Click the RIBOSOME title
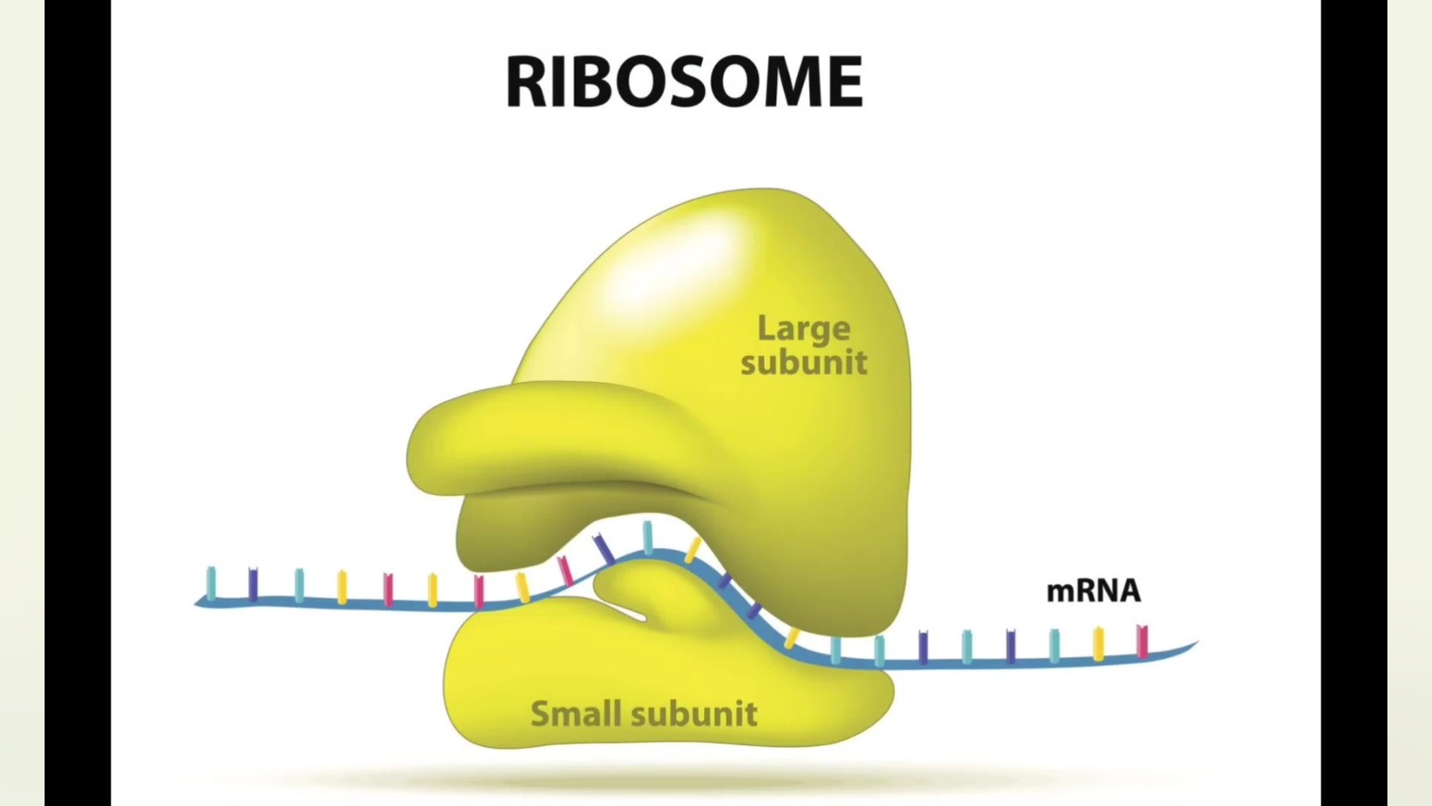(684, 81)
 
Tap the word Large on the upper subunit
(804, 329)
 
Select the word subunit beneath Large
(804, 363)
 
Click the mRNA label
(1093, 591)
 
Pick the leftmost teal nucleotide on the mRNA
(212, 582)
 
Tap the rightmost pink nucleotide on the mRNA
(1142, 641)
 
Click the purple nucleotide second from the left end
(254, 584)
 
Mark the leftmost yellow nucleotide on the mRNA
(342, 586)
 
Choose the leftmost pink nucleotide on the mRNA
(388, 589)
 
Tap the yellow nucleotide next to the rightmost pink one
(1099, 643)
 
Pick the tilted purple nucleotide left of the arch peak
(603, 549)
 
